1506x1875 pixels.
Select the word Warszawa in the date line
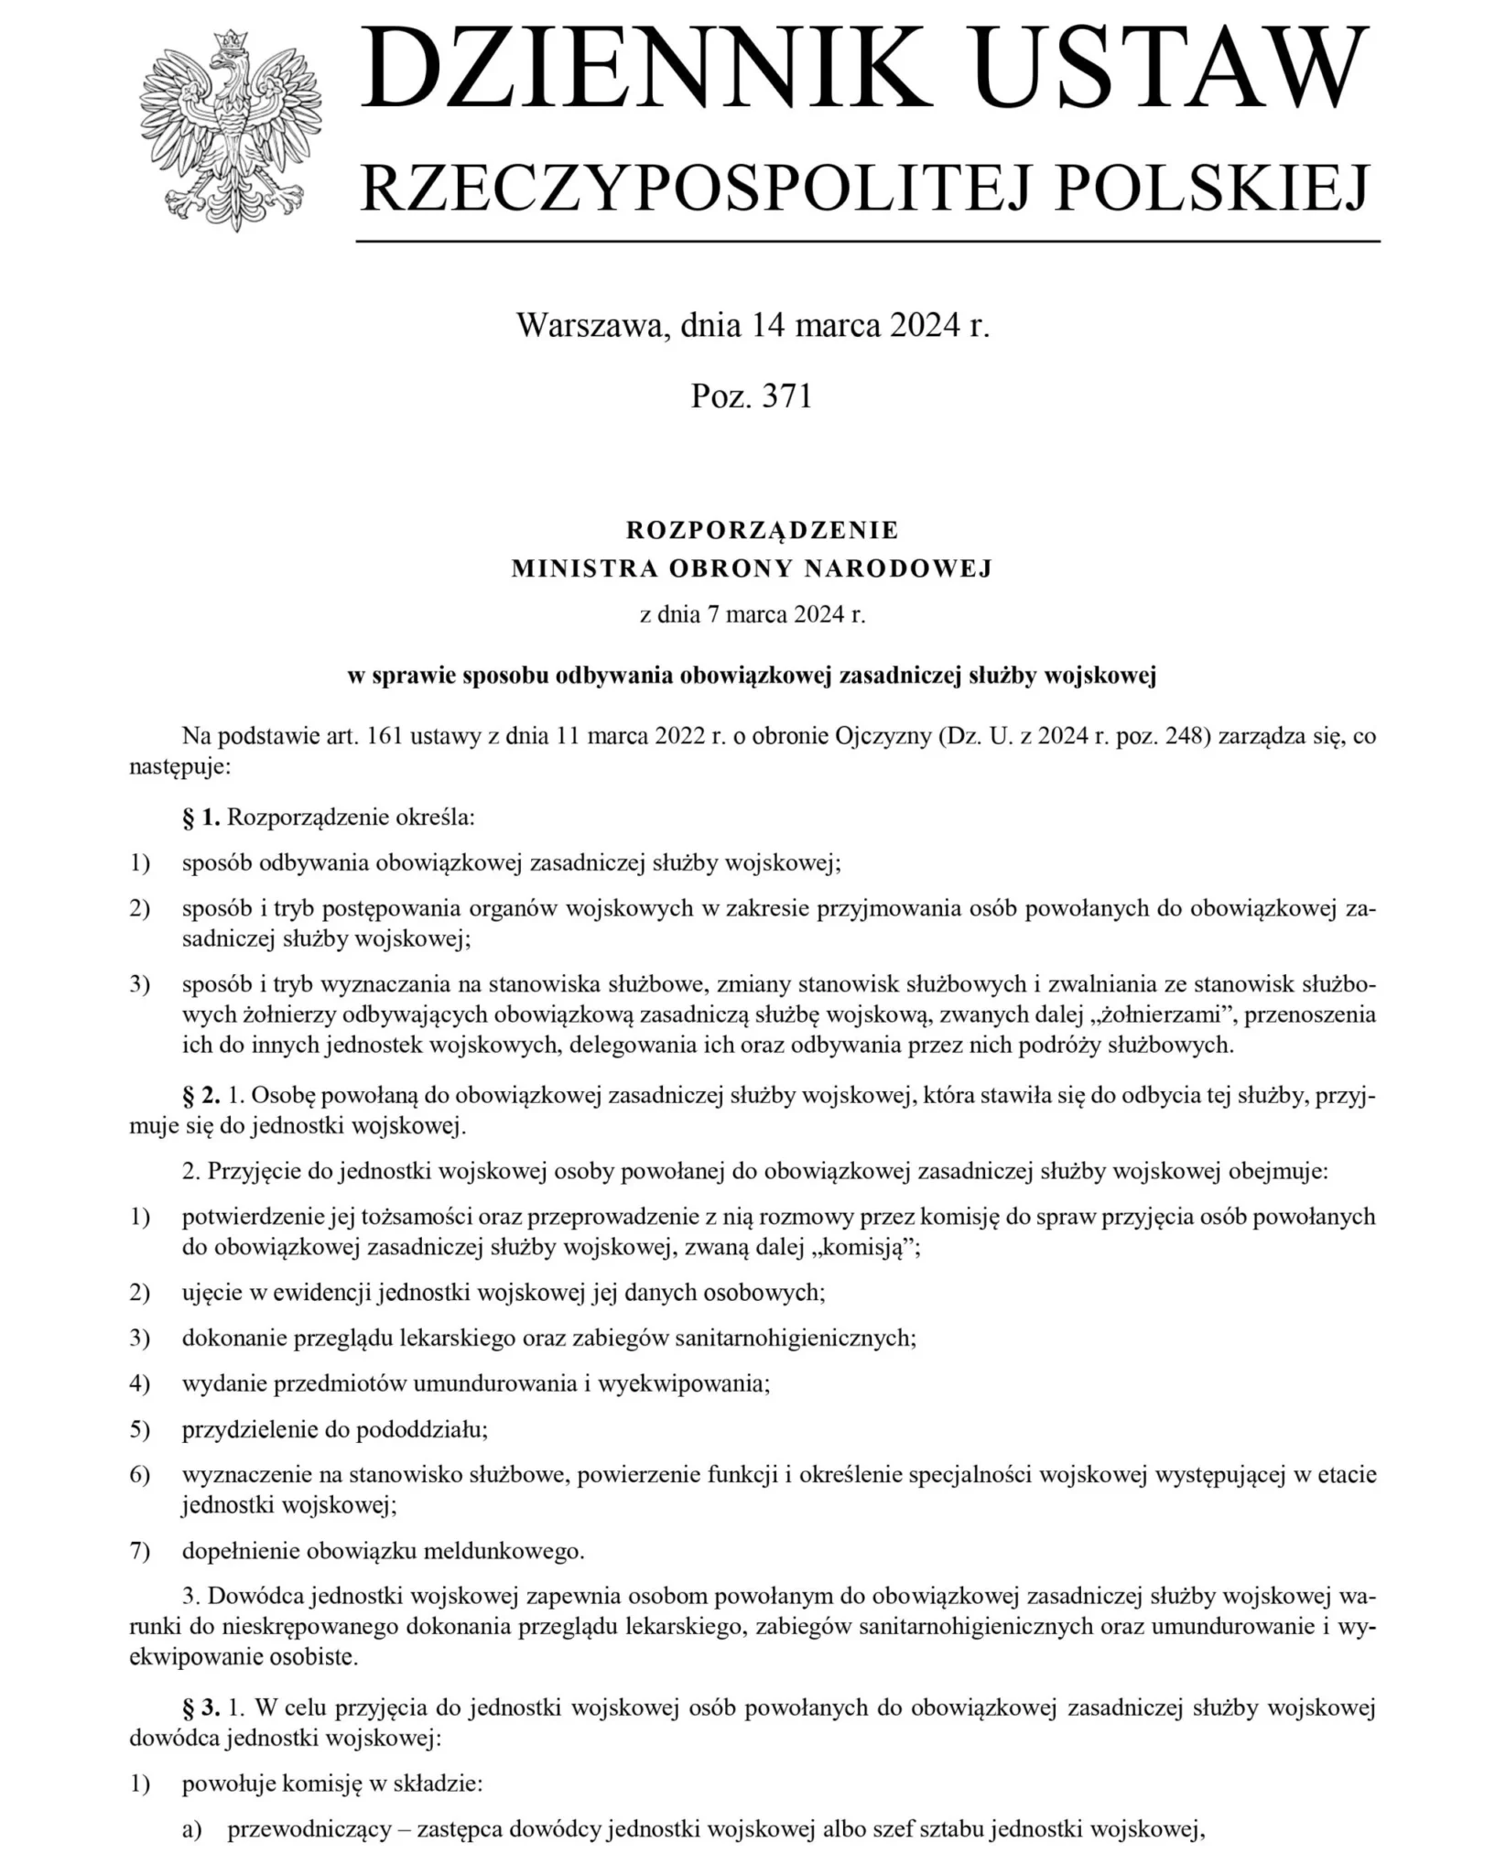click(592, 325)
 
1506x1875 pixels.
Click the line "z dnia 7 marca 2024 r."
click(753, 614)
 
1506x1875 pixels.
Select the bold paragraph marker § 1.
click(201, 818)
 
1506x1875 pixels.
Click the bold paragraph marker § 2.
click(201, 1096)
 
